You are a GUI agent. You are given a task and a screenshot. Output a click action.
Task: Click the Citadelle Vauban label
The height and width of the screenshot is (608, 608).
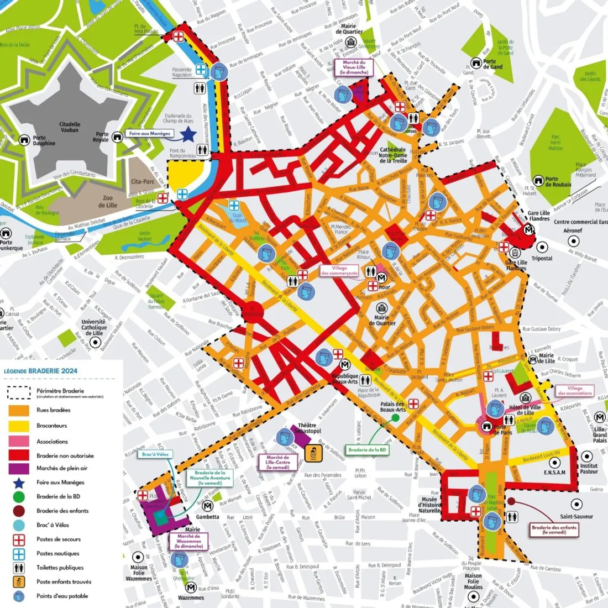pos(70,127)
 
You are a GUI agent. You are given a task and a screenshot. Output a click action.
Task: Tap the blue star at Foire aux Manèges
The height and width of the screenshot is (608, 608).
pos(188,133)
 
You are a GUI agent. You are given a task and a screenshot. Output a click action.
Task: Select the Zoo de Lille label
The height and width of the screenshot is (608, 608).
pos(108,201)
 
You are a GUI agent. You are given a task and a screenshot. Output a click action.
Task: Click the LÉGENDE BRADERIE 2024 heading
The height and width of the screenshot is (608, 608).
pos(41,371)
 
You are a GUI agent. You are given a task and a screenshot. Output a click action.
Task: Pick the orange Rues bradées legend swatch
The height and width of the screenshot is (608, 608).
pos(19,411)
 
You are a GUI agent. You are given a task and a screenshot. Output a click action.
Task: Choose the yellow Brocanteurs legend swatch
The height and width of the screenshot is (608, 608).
pos(19,426)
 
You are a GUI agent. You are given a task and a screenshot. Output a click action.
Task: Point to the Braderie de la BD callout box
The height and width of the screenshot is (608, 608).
pos(368,450)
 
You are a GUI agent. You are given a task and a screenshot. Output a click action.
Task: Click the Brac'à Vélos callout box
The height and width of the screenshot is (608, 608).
pos(155,454)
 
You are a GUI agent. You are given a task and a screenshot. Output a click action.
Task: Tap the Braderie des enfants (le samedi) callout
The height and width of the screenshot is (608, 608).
pos(554,530)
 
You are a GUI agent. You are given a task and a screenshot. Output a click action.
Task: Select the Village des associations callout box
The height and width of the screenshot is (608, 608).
pos(575,390)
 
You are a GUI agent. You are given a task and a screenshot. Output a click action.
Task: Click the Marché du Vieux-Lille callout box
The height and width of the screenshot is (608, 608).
pos(354,67)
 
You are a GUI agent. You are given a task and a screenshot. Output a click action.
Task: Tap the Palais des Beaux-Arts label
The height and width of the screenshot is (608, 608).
pos(392,406)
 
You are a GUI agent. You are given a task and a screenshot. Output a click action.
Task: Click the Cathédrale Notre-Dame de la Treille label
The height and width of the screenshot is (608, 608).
pos(393,155)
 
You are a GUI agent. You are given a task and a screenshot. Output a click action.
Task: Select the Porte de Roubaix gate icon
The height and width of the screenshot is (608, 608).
pos(538,181)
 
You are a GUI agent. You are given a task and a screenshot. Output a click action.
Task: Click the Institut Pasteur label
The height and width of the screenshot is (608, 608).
pos(589,469)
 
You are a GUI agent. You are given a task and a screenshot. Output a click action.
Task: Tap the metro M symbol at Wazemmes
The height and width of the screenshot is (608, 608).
pos(191,587)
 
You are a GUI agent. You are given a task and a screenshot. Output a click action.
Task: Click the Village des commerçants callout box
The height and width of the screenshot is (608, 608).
pos(339,271)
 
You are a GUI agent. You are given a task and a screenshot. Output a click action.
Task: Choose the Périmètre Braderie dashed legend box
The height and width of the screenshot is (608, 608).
pos(19,392)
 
